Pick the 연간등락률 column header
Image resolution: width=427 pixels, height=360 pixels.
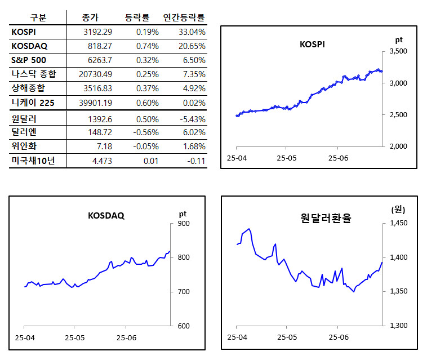point(184,17)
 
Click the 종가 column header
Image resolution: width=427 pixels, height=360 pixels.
point(91,17)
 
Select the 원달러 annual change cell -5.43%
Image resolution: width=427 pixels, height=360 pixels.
point(193,119)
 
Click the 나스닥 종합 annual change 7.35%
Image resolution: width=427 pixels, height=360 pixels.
point(194,74)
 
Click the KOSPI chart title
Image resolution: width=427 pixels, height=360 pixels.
point(312,44)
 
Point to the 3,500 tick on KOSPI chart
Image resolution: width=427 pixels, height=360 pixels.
point(398,52)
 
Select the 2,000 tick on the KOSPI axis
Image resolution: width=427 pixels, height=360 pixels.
point(398,146)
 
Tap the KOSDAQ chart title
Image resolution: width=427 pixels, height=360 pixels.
point(106,215)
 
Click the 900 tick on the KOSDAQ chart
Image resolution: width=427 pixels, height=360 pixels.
point(184,224)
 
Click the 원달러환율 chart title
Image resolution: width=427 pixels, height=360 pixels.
point(326,218)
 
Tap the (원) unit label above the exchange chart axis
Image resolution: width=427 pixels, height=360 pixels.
point(398,210)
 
